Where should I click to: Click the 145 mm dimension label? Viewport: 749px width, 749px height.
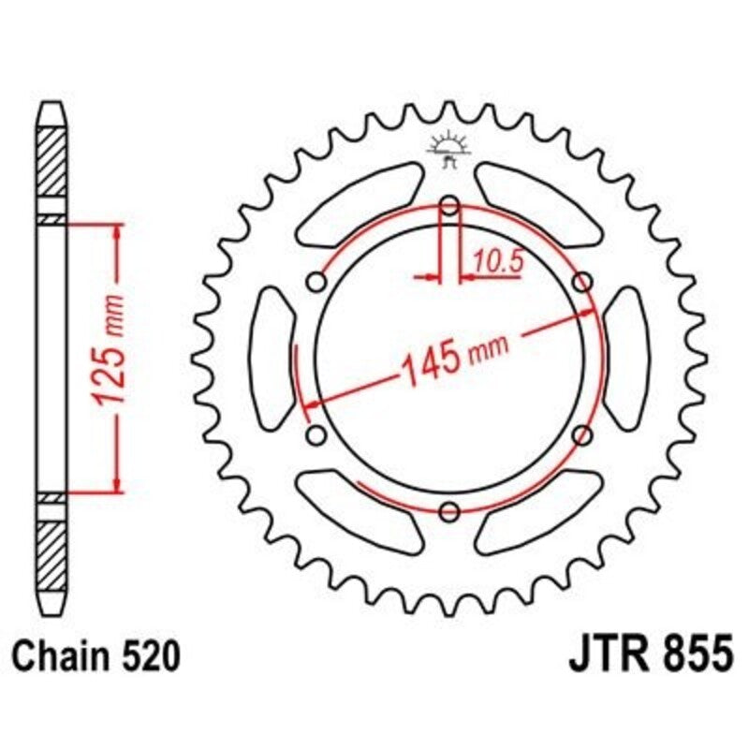point(453,358)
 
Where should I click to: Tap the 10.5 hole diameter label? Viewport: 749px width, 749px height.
point(496,262)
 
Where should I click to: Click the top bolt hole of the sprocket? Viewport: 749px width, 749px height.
point(449,205)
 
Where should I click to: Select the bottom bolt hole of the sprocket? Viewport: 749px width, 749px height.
point(449,510)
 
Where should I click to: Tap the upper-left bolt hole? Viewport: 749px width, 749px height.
point(316,282)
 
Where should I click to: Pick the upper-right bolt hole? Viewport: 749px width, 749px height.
point(582,282)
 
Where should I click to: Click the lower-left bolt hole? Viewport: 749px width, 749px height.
point(316,434)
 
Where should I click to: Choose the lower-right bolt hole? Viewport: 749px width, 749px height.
point(582,434)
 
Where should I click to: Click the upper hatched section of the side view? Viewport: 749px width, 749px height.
point(52,159)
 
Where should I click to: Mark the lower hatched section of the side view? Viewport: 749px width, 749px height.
point(52,547)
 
